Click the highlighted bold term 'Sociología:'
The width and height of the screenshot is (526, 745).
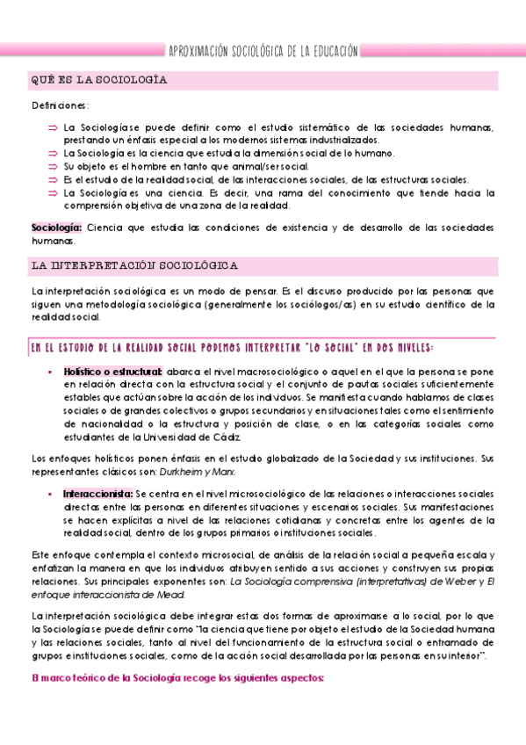click(x=55, y=228)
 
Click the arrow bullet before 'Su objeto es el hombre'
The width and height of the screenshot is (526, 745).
click(x=53, y=166)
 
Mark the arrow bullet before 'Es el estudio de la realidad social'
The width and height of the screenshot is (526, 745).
click(x=53, y=179)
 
